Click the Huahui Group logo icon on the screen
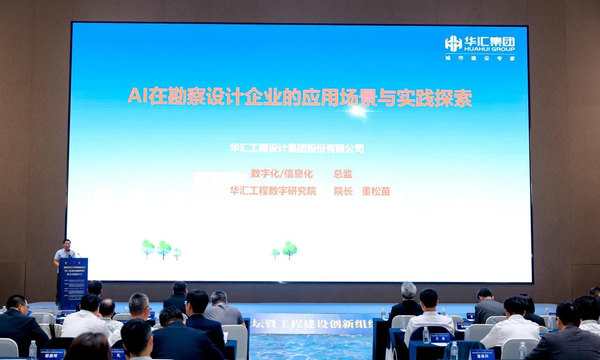453,43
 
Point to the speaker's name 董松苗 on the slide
376,191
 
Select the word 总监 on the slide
343,174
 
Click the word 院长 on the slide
343,191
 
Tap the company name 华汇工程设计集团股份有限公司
297,148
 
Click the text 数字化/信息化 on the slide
282,174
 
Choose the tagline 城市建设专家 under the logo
479,58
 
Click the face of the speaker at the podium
67,244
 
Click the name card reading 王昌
440,338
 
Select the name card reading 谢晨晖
52,354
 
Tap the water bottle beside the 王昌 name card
426,335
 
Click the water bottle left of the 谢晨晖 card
33,350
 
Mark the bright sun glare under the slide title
358,111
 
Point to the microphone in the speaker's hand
70,253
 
